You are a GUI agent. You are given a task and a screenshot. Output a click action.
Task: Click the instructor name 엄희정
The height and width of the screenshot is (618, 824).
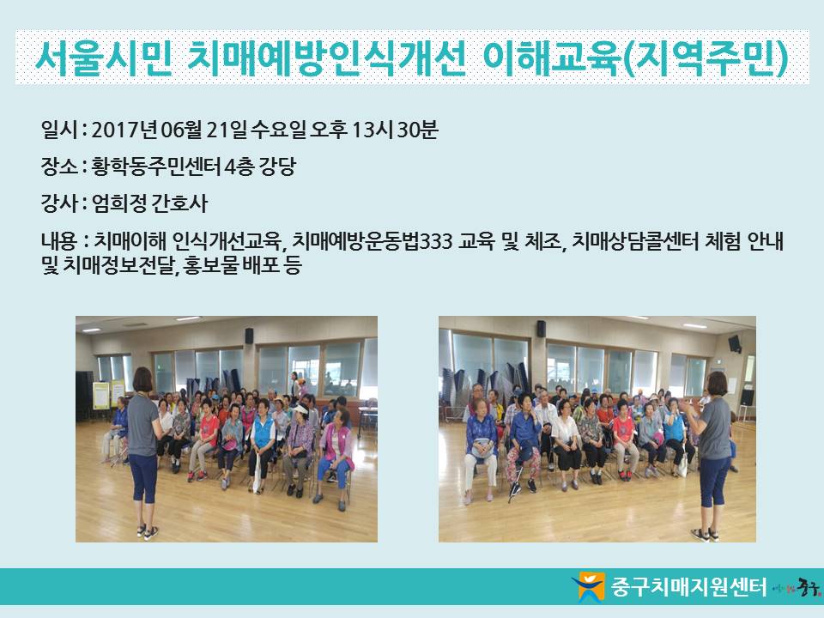(118, 203)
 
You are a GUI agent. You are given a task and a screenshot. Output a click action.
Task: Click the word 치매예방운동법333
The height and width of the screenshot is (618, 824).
(372, 241)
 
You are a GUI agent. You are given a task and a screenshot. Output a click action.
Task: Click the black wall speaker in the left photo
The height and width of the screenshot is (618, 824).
(249, 336)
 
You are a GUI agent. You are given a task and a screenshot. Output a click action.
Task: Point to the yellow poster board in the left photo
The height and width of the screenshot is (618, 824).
(101, 395)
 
